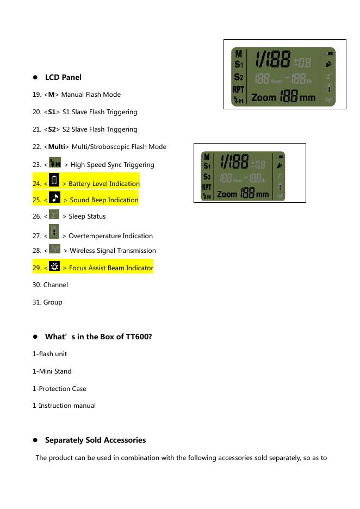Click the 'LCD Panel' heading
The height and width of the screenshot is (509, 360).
pyautogui.click(x=63, y=77)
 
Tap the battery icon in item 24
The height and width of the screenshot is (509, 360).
pyautogui.click(x=54, y=181)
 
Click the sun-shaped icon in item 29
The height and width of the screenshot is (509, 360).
pyautogui.click(x=54, y=266)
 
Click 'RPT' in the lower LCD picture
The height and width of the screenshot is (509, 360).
pyautogui.click(x=207, y=187)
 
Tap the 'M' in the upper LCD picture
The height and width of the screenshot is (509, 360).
pyautogui.click(x=238, y=54)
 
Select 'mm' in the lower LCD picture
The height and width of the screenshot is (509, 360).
pyautogui.click(x=262, y=194)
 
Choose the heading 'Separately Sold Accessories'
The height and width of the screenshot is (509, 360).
pyautogui.click(x=95, y=440)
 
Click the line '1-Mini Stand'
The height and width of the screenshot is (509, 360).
pyautogui.click(x=52, y=371)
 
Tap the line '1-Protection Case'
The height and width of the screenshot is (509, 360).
pyautogui.click(x=59, y=389)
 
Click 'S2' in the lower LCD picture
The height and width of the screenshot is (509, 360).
pyautogui.click(x=207, y=177)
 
